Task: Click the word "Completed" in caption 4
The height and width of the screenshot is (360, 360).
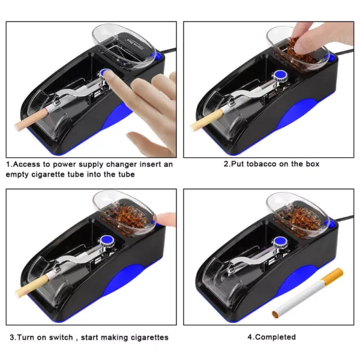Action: (275, 337)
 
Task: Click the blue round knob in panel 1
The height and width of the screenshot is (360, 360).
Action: (106, 75)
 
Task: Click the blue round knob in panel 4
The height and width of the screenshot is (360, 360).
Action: (279, 242)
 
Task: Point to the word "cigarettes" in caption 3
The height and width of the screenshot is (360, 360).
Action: (145, 337)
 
